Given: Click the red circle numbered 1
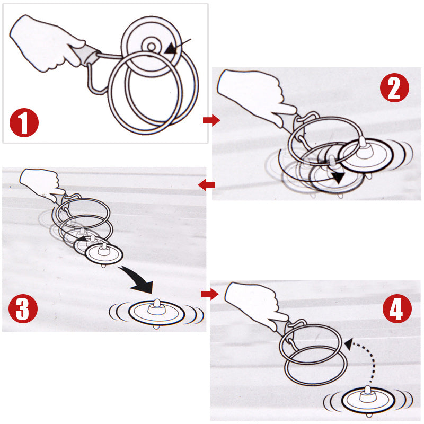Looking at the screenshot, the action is [x=24, y=122].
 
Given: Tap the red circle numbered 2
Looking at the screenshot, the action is [x=394, y=87].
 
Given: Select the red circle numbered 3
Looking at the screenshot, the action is [x=23, y=308].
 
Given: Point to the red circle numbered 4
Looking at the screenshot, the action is [x=397, y=308].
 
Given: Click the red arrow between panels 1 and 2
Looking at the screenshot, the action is [x=211, y=120].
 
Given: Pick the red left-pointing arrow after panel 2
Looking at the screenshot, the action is [x=207, y=185].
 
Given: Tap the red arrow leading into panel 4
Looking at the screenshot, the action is [x=210, y=294].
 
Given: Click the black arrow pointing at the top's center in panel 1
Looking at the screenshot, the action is [x=178, y=46].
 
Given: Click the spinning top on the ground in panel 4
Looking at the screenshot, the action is [x=368, y=400].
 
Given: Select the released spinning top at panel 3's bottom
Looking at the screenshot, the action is [x=156, y=313].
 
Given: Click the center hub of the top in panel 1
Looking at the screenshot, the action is [x=151, y=47].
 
